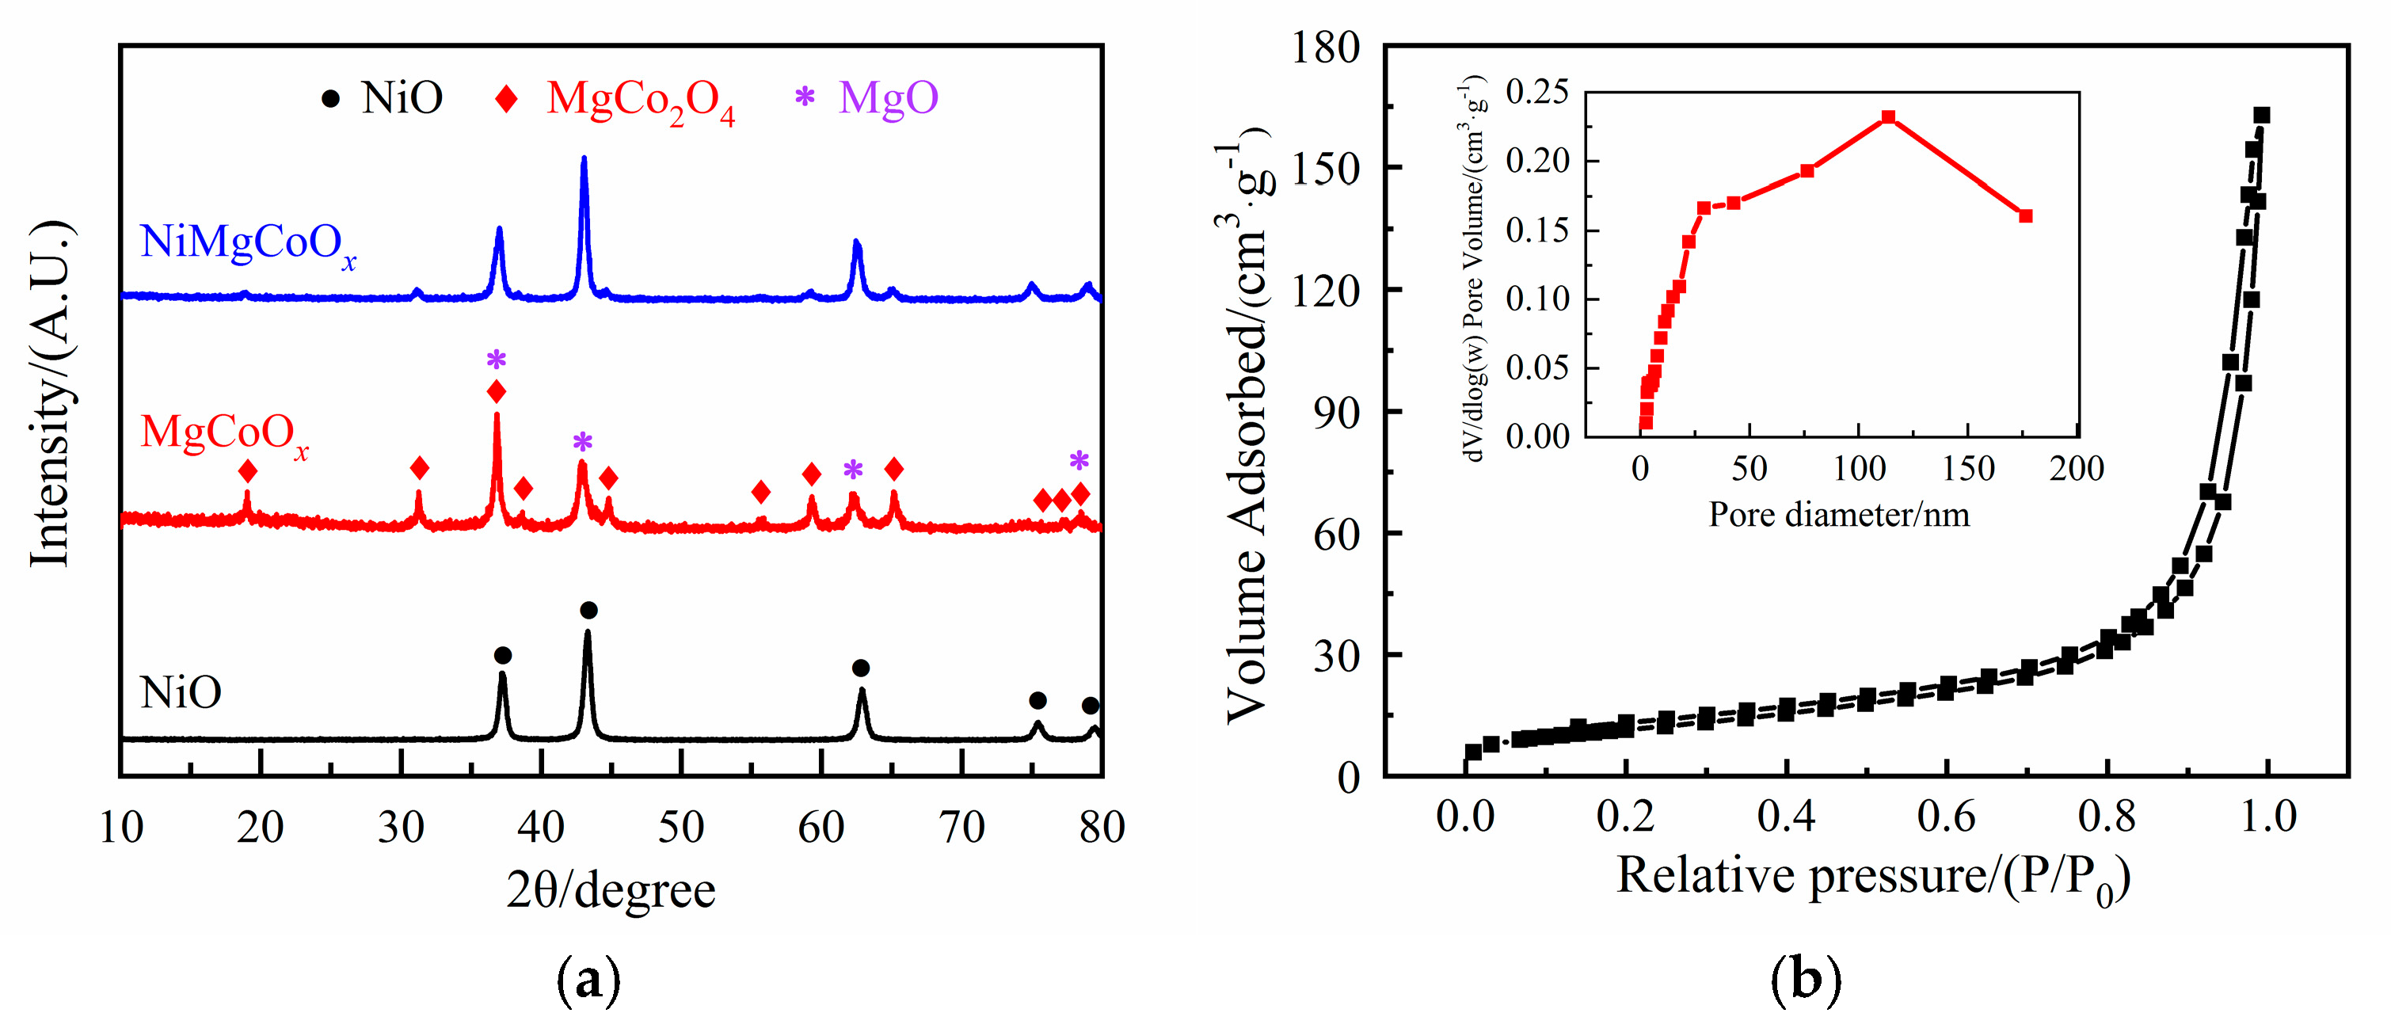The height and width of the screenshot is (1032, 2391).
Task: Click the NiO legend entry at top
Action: point(382,97)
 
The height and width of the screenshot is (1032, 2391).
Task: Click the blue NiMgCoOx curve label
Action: point(247,243)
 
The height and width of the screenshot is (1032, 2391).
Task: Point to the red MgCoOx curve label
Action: point(223,433)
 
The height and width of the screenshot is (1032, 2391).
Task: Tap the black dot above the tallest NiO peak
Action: point(588,610)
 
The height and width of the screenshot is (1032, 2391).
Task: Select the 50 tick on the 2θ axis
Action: point(681,826)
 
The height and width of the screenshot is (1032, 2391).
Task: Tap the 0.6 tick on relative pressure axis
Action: point(1947,817)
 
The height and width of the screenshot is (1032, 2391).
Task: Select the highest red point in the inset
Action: point(1888,117)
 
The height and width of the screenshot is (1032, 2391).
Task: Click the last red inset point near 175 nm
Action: point(2026,216)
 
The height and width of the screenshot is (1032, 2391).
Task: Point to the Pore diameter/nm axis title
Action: point(1839,514)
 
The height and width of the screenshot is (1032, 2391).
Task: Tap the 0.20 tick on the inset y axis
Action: point(1537,161)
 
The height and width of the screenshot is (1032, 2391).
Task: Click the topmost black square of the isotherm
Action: point(2262,115)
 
